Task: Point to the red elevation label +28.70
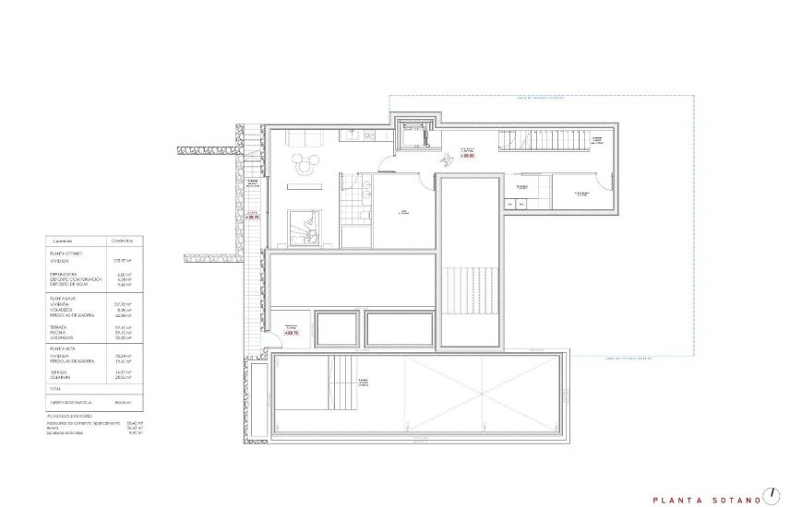(x=253, y=218)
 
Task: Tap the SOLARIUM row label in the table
(x=65, y=376)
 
